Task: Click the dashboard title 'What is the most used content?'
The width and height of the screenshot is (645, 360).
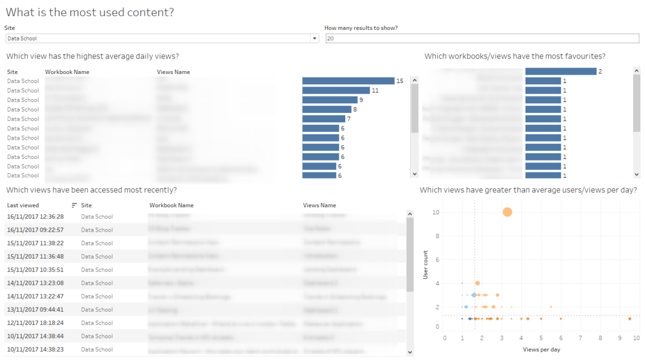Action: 90,12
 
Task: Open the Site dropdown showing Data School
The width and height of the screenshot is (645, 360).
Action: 315,39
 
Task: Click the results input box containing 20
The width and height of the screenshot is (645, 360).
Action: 482,39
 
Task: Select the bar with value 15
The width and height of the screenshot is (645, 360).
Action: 348,81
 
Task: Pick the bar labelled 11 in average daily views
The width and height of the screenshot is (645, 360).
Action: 336,91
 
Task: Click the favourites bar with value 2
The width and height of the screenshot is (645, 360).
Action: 561,72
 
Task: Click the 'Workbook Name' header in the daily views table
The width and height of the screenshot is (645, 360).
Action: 67,72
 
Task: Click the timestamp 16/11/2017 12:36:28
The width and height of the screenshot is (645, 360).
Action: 35,217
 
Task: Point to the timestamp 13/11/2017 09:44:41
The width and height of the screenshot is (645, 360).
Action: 35,310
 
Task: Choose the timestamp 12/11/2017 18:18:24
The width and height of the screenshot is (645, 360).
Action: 35,323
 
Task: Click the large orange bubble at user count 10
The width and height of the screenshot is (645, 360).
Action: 508,212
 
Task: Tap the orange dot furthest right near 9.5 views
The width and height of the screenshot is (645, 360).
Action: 629,319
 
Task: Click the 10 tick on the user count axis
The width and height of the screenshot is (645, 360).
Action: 437,213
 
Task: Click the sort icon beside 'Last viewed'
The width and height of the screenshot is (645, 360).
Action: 74,205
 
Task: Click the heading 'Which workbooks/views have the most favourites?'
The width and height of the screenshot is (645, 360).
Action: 515,57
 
